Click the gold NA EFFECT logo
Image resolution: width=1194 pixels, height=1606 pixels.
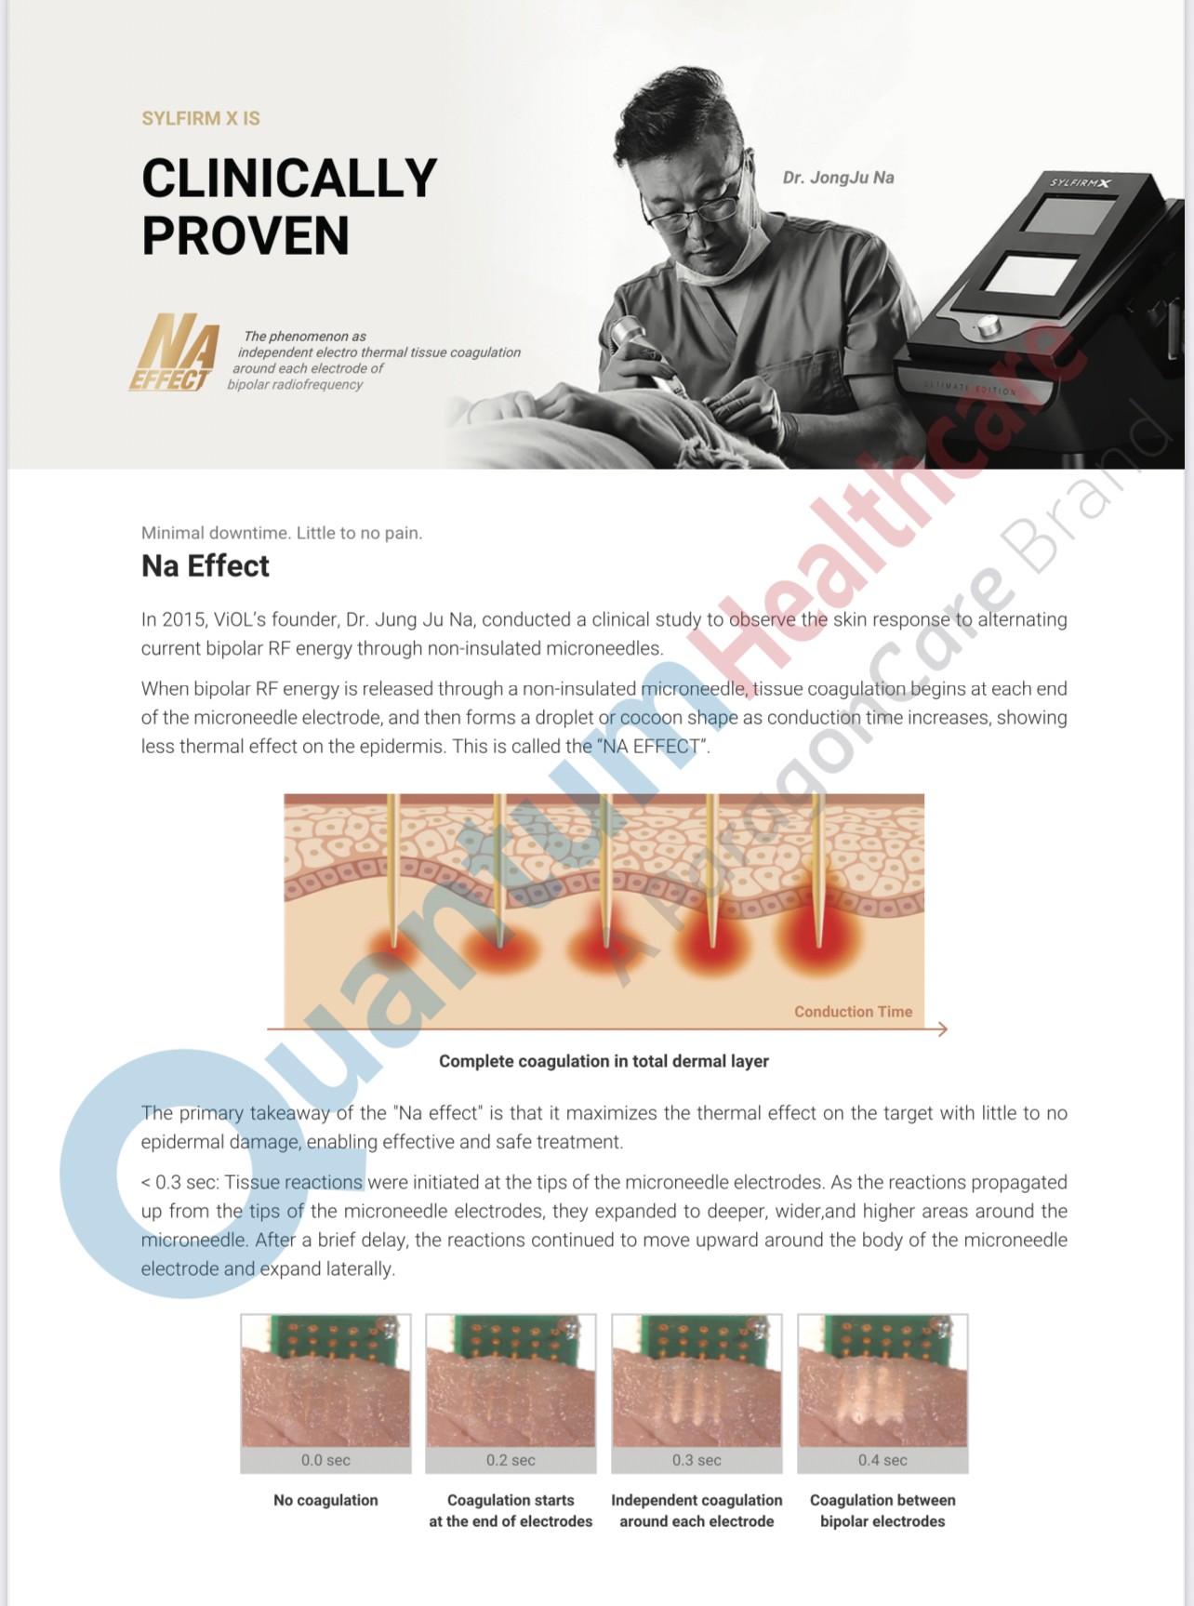(x=175, y=352)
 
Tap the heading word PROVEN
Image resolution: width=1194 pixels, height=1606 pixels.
(x=245, y=235)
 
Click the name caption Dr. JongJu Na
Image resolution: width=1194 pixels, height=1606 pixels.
(x=838, y=178)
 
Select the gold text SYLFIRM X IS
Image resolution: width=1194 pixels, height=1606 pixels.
(x=201, y=118)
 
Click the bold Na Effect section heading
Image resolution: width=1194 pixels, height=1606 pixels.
(x=206, y=565)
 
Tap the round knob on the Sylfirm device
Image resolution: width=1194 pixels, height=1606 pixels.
(x=987, y=325)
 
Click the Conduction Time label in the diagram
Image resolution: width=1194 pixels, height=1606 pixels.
(x=853, y=1012)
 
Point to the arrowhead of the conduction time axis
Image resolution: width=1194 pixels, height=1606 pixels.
(x=942, y=1029)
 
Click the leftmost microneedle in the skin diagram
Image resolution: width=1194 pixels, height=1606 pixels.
(x=393, y=869)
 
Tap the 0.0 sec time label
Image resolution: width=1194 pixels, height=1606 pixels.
(x=325, y=1460)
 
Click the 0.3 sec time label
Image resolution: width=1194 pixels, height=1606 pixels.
(x=696, y=1460)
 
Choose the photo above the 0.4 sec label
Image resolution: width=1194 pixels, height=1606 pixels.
(x=882, y=1380)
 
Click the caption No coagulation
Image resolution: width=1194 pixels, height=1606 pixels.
(x=325, y=1500)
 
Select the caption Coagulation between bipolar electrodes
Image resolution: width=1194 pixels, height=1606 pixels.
(x=882, y=1510)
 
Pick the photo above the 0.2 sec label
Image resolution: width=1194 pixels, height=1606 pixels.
(x=511, y=1380)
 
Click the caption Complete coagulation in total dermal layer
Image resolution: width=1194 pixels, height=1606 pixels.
(x=604, y=1061)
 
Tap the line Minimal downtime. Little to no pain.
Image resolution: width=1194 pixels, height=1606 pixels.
(x=282, y=533)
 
